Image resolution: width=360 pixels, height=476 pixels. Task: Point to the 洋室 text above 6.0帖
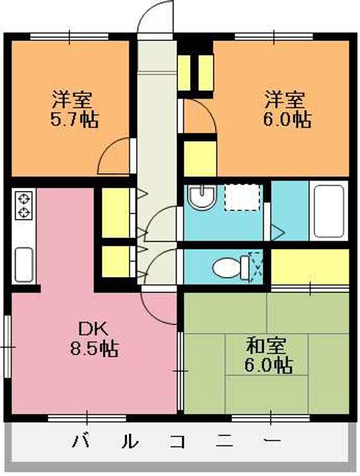(x=285, y=100)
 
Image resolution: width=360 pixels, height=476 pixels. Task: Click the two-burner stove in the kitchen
(x=24, y=205)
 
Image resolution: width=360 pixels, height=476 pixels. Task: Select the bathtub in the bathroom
(x=328, y=211)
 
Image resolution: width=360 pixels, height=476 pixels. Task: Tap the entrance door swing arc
(x=156, y=15)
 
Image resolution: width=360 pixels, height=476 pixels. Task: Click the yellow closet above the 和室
(x=310, y=266)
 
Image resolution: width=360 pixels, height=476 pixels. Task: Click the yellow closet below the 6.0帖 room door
(x=200, y=157)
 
